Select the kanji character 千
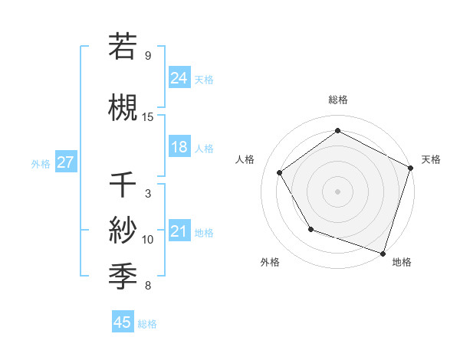coord(122,185)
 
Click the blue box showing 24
coord(179,77)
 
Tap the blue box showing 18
coord(179,147)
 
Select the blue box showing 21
coord(179,232)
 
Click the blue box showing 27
coord(66,162)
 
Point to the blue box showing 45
coord(123,322)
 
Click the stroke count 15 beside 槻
coord(148,116)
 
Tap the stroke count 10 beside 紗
coord(148,240)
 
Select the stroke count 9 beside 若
coord(148,55)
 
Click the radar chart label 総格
coord(338,100)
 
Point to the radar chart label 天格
coord(431,159)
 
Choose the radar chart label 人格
coord(245,159)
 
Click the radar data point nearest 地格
coord(383,252)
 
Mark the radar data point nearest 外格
coord(310,229)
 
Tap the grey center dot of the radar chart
coord(337,191)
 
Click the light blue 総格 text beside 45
coord(147,324)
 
